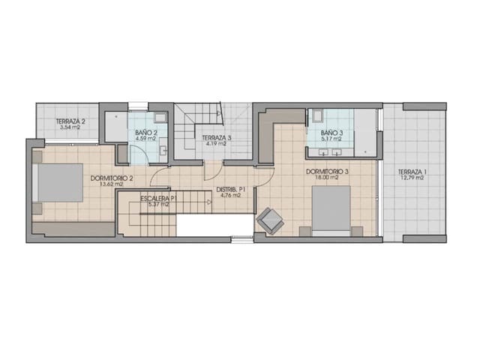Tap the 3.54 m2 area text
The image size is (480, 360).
(70, 127)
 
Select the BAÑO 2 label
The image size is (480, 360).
(145, 132)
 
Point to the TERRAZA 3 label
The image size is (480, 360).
(217, 138)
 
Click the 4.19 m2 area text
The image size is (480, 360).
(217, 144)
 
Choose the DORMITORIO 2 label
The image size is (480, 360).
(111, 178)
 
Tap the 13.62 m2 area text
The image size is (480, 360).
(111, 184)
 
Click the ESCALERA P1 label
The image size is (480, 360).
(157, 197)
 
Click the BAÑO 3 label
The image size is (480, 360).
(330, 133)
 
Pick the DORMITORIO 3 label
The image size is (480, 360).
(328, 171)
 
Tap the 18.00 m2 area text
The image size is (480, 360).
(328, 178)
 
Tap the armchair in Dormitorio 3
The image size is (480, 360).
(269, 220)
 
